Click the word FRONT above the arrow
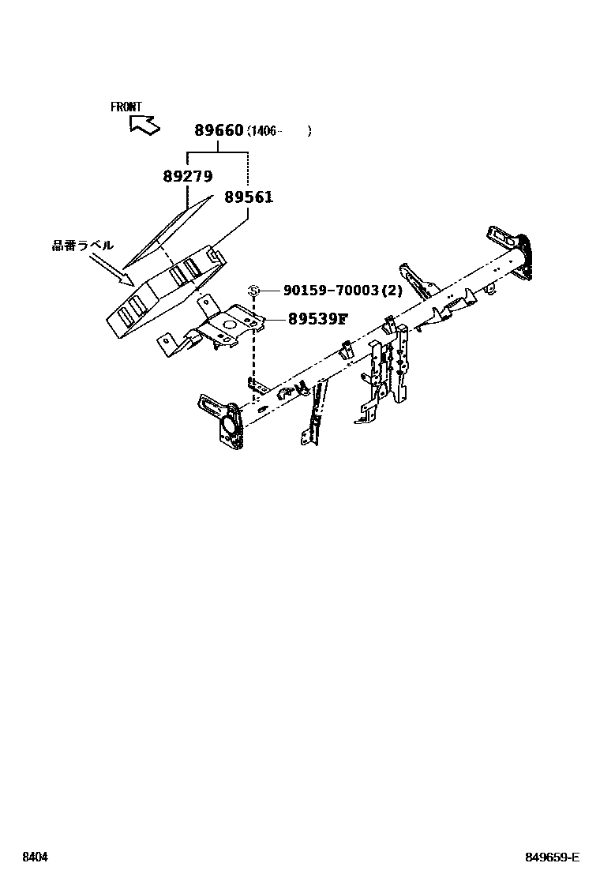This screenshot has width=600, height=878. tap(126, 107)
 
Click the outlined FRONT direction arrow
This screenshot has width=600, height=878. tap(144, 123)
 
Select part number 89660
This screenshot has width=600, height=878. tap(219, 130)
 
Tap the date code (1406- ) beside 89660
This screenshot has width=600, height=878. tap(279, 131)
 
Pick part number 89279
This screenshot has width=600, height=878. tap(188, 178)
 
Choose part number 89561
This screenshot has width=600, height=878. tap(248, 197)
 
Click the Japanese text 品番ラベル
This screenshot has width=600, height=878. tap(82, 246)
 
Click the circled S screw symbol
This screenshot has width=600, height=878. tap(254, 291)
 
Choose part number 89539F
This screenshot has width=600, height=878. tap(317, 319)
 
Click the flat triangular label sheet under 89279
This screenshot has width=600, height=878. tap(170, 229)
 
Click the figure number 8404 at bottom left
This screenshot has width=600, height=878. tap(33, 857)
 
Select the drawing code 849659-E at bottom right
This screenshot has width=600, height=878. tap(553, 857)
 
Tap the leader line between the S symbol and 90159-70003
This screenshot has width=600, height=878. tap(270, 291)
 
